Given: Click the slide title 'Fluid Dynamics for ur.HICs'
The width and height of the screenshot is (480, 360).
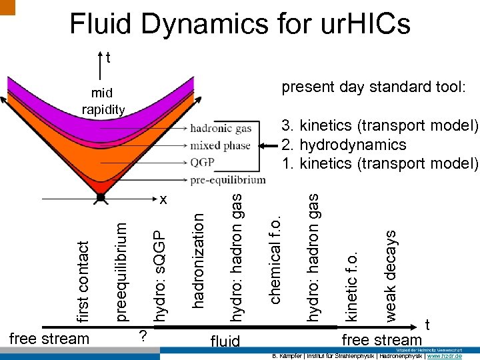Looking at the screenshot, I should point(240,25).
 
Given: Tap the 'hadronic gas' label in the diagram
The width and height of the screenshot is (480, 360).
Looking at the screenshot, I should point(221,129).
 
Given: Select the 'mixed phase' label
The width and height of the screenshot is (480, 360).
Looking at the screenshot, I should point(221,145).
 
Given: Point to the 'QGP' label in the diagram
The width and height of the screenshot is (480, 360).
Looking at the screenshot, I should point(203,162).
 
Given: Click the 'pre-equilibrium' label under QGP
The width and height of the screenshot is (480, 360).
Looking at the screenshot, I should point(227,179).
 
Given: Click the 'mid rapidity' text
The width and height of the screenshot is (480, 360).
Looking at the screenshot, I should point(103,101).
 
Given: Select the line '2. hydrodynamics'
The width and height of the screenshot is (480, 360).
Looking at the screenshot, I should point(343,145).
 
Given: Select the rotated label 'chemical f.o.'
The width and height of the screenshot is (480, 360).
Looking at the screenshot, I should point(275,257).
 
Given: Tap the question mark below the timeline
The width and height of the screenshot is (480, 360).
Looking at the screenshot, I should point(141,335).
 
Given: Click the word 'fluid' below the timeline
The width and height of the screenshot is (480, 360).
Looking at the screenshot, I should point(225,342).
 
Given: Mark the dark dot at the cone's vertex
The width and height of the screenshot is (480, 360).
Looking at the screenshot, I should point(100,197).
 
